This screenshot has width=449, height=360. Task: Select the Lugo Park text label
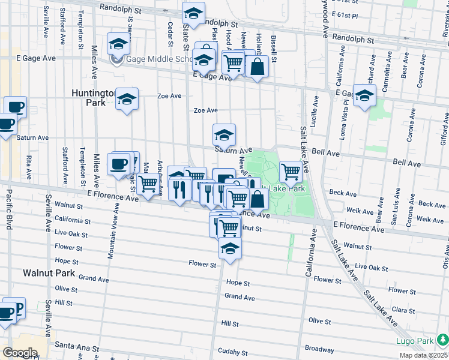tap(415, 341)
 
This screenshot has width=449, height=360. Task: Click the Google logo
tap(20, 353)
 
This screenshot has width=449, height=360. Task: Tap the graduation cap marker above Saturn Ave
tap(224, 134)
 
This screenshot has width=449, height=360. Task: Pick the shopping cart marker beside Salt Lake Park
tap(291, 172)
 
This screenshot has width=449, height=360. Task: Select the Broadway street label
tap(319, 348)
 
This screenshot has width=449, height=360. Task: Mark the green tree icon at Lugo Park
tap(442, 341)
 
